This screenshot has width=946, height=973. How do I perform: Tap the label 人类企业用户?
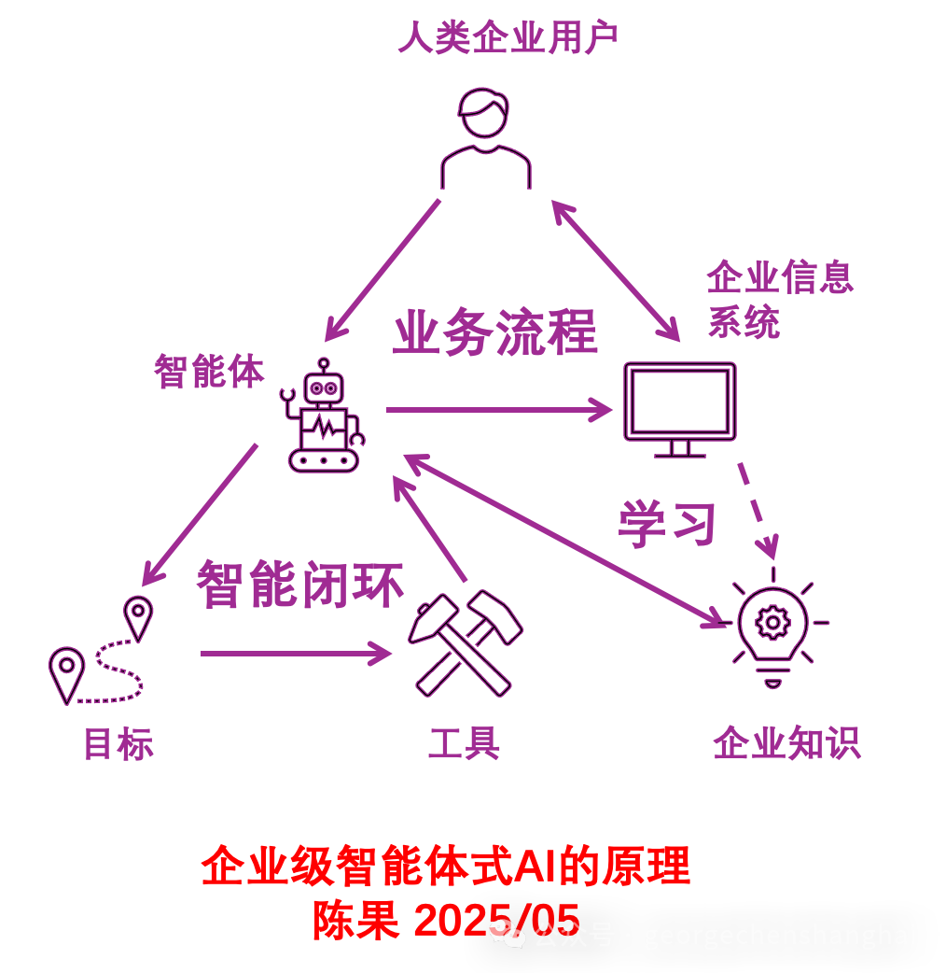pyautogui.click(x=508, y=38)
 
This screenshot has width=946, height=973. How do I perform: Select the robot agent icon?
pyautogui.click(x=323, y=416)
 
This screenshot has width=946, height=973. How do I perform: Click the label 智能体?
pyautogui.click(x=209, y=372)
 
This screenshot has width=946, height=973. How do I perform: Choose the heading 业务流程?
pyautogui.click(x=494, y=333)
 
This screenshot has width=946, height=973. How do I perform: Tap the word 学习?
pyautogui.click(x=667, y=525)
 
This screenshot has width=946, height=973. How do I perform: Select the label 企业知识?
pyautogui.click(x=786, y=743)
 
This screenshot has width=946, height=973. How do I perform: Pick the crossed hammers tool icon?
pyautogui.click(x=465, y=643)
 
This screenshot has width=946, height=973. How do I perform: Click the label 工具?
pyautogui.click(x=464, y=743)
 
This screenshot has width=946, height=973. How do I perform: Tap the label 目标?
pyautogui.click(x=118, y=744)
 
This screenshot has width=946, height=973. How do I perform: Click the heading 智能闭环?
pyautogui.click(x=299, y=585)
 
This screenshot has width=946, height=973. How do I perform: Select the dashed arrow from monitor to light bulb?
pyautogui.click(x=758, y=509)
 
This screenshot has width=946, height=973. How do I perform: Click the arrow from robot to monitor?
pyautogui.click(x=498, y=409)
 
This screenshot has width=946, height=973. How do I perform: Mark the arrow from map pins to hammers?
pyautogui.click(x=295, y=653)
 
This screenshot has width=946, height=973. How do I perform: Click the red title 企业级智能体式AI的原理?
pyautogui.click(x=446, y=867)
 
